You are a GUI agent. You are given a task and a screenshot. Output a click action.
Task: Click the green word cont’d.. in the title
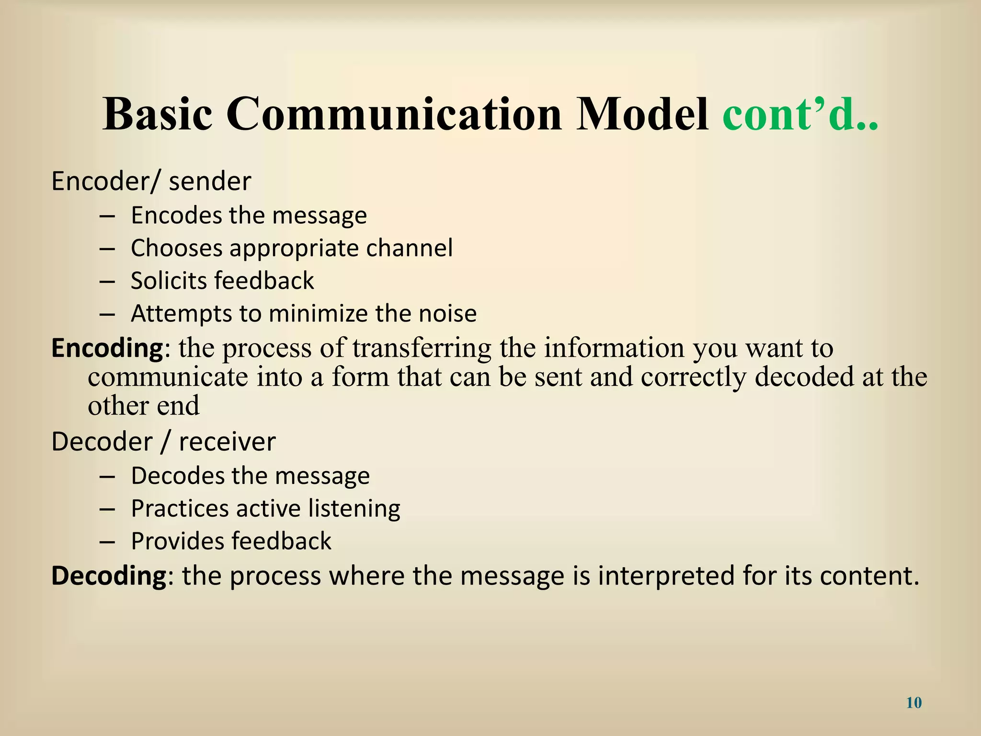(800, 115)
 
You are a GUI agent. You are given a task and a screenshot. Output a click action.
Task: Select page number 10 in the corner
(914, 703)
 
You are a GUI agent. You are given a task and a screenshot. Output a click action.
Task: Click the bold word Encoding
(108, 348)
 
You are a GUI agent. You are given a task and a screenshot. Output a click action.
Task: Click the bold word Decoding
(108, 576)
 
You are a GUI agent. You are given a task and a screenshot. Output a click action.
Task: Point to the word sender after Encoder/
(210, 182)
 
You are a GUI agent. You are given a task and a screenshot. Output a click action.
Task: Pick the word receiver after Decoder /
(227, 442)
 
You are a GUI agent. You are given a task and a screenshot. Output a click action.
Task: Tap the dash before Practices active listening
(107, 509)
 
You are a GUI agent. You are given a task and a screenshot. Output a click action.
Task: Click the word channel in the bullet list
(409, 248)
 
